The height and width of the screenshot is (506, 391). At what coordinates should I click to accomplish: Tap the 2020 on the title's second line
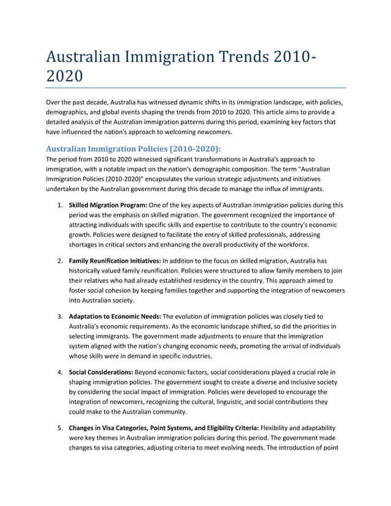tap(63, 77)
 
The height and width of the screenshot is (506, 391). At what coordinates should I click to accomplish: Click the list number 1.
tap(60, 205)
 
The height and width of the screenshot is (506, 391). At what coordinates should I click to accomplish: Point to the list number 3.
tap(60, 316)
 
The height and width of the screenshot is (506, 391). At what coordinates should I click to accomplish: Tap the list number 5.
tap(60, 427)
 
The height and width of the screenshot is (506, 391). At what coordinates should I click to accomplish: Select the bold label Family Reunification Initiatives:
tap(115, 261)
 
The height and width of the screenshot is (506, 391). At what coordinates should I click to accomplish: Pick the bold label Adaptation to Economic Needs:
tap(115, 316)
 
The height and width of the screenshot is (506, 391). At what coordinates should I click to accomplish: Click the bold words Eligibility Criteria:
tap(228, 427)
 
